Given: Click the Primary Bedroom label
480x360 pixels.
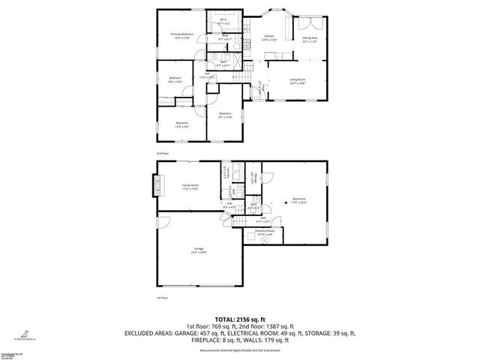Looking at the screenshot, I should [x=181, y=34].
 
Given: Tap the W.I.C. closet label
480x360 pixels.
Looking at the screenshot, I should [x=223, y=22].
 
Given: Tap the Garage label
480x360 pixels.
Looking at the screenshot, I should [x=199, y=250].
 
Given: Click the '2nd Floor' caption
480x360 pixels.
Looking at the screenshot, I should [x=162, y=153].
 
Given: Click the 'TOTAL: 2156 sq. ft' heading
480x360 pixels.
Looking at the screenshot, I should [x=239, y=319].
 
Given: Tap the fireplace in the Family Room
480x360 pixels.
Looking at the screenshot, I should [x=158, y=184].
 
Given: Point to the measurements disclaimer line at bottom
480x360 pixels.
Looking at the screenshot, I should [x=240, y=349].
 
